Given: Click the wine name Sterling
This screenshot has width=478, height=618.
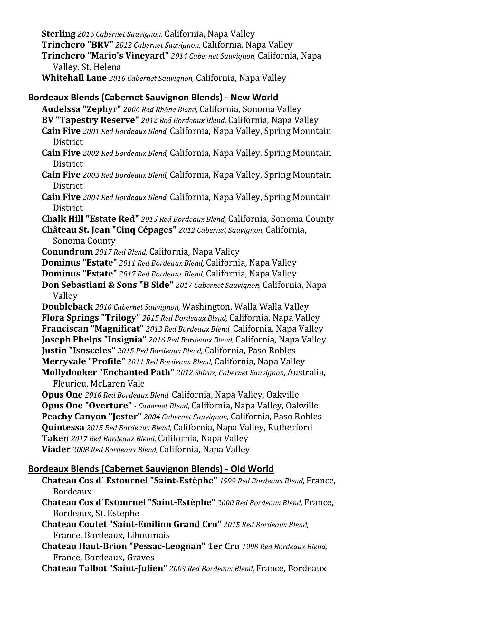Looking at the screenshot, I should tap(58, 34).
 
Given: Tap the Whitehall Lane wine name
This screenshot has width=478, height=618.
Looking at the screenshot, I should tap(74, 78).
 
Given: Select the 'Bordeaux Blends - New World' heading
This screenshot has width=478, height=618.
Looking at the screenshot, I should tap(153, 97).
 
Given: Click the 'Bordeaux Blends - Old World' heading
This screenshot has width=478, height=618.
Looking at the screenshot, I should tap(151, 469).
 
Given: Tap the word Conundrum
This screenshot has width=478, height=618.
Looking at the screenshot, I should tap(67, 252).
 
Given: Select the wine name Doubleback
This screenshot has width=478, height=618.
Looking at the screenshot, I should tap(67, 307).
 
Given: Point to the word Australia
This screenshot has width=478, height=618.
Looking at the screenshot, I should tap(305, 372).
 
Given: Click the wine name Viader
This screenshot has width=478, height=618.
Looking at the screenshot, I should tap(56, 449).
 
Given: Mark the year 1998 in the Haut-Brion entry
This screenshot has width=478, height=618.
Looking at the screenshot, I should tap(249, 547).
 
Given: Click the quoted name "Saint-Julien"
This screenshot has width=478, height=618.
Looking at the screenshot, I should tap(138, 568).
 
